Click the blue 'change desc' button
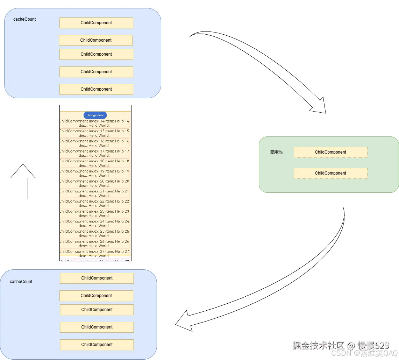(x=95, y=115)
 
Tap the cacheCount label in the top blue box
(x=24, y=19)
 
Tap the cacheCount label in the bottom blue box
(x=21, y=282)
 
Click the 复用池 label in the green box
(x=276, y=153)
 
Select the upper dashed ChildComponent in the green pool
(x=330, y=152)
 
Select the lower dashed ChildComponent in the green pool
(x=330, y=173)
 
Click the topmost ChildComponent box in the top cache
(x=96, y=23)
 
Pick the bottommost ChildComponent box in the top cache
(x=96, y=89)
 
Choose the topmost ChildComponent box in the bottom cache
(x=97, y=278)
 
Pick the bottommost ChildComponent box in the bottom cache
(x=97, y=345)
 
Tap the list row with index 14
(x=94, y=123)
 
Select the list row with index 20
(x=94, y=183)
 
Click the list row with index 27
(x=94, y=253)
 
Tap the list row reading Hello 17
(x=94, y=153)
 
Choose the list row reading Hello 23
(x=94, y=213)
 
